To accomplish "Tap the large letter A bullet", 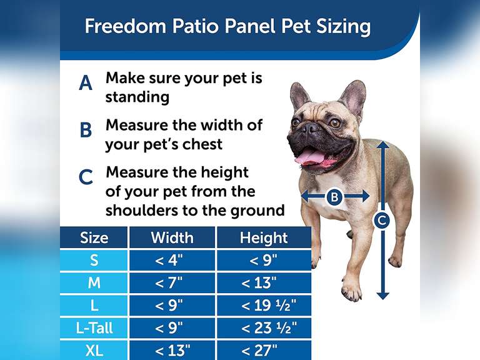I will (86, 82).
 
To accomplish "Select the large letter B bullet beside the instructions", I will (86, 130).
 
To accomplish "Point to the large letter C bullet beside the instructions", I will (86, 177).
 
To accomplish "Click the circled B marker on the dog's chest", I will (334, 197).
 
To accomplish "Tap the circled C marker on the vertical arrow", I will (382, 220).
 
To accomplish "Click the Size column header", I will (94, 237).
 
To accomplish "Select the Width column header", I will (172, 237).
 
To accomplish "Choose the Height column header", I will (263, 237).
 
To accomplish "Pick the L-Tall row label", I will (94, 327).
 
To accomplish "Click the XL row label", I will (94, 350).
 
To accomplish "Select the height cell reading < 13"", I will (263, 282).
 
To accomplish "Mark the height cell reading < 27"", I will (263, 350).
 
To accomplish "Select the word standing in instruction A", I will (137, 97).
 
